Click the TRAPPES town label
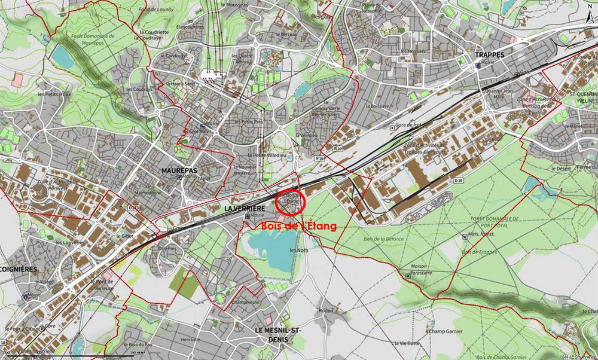[489, 54]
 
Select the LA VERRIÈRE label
[244, 209]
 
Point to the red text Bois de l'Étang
[298, 226]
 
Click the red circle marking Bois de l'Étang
[292, 202]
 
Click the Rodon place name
[325, 310]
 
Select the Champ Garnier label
[446, 331]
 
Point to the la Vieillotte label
[405, 343]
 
